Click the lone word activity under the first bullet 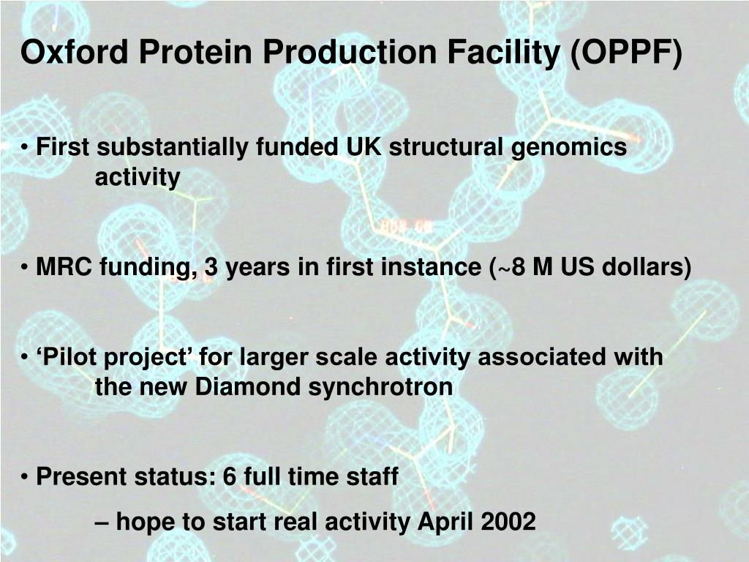pos(137,177)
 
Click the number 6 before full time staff pos(230,477)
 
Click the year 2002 pos(509,522)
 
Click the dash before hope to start pos(102,522)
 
